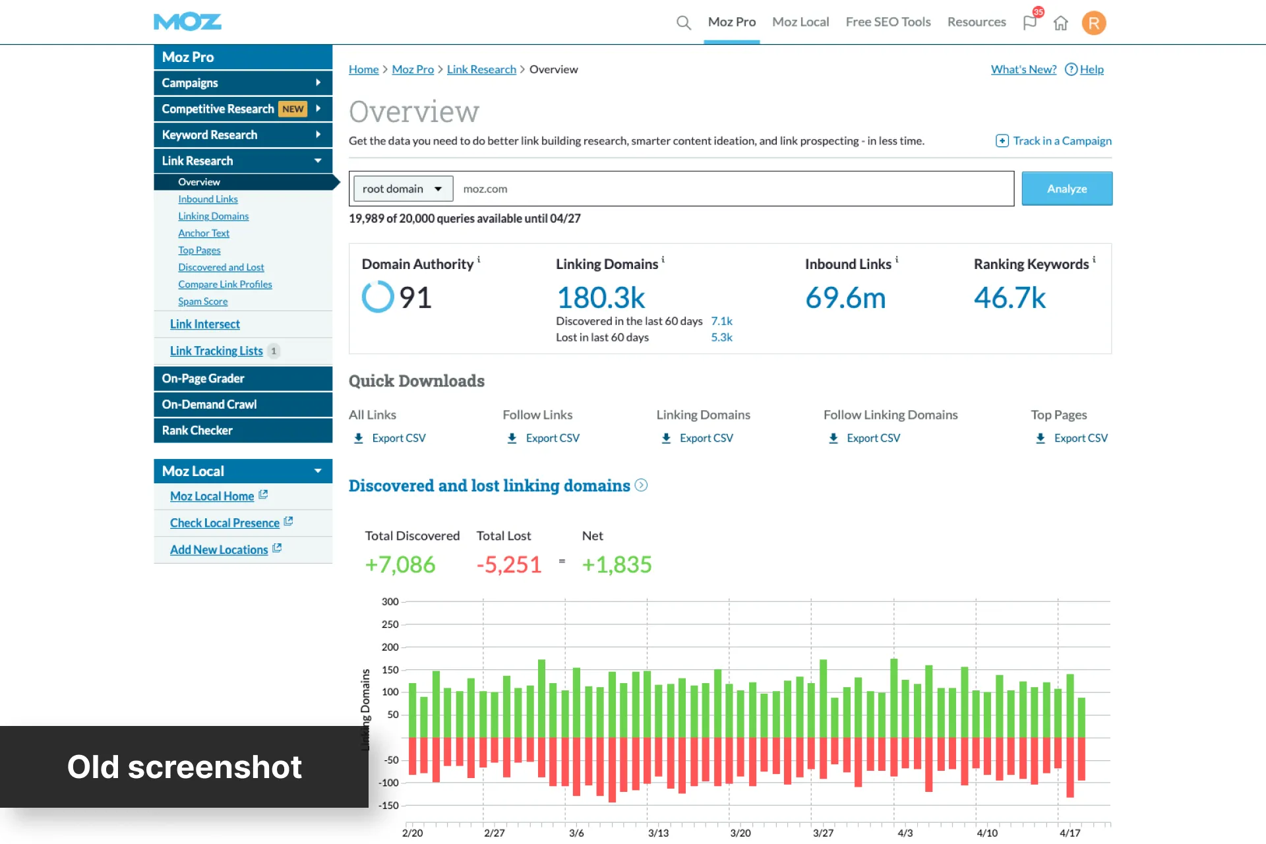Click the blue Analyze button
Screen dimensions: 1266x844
point(1067,189)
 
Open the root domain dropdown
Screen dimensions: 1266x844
point(403,189)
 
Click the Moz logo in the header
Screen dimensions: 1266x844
point(188,22)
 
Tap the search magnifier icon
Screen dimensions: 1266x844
point(684,23)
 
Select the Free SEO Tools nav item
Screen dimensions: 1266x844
point(888,22)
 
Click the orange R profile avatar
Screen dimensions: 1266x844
point(1094,23)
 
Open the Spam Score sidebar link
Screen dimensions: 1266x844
point(202,301)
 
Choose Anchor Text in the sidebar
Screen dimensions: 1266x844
point(204,233)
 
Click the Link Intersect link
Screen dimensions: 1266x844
point(205,324)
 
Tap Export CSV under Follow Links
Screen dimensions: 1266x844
point(543,438)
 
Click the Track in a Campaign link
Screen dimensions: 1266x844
point(1054,140)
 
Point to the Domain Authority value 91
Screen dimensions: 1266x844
point(415,297)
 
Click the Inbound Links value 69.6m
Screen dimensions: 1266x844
point(845,298)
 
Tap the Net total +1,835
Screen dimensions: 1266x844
point(617,564)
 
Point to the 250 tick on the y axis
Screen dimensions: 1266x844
point(390,624)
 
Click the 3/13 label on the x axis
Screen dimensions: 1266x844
point(658,833)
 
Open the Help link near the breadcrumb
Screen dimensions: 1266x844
point(1085,69)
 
